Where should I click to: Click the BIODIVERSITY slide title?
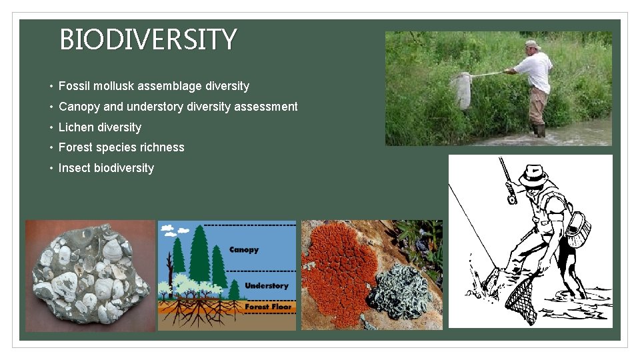click(x=148, y=40)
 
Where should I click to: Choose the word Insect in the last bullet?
click(x=74, y=168)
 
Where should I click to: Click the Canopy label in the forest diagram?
click(x=243, y=250)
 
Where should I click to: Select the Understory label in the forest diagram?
click(x=266, y=286)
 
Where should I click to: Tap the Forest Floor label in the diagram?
click(x=268, y=307)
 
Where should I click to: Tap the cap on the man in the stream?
click(x=531, y=45)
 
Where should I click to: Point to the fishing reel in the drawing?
click(x=511, y=197)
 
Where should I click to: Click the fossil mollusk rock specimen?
click(x=90, y=275)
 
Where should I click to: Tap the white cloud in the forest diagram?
click(x=167, y=229)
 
